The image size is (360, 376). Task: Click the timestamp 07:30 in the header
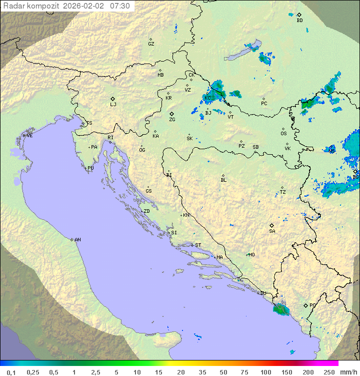pos(120,6)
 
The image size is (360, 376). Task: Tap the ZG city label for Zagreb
pos(172,120)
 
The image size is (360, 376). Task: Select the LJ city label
pos(113,104)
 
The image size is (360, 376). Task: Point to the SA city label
pos(272,231)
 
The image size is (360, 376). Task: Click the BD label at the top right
pos(299,21)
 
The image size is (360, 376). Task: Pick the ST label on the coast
pos(198,245)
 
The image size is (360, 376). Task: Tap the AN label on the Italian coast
pos(77,240)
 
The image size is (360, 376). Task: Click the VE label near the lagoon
pos(29,136)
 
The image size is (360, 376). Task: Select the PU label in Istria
pos(90,168)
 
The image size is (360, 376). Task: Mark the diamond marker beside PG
pos(305,305)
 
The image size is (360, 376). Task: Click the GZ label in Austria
pos(151,44)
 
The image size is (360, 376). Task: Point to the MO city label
pos(251,254)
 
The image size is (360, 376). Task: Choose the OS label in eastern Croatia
pos(283,133)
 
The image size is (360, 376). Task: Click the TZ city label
pos(283,192)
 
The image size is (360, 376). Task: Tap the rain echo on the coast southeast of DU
pos(280,310)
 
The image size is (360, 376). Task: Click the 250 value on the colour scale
pos(329,372)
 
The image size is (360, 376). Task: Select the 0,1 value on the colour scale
pos(11,372)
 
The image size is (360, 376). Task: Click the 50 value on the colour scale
pos(223,372)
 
